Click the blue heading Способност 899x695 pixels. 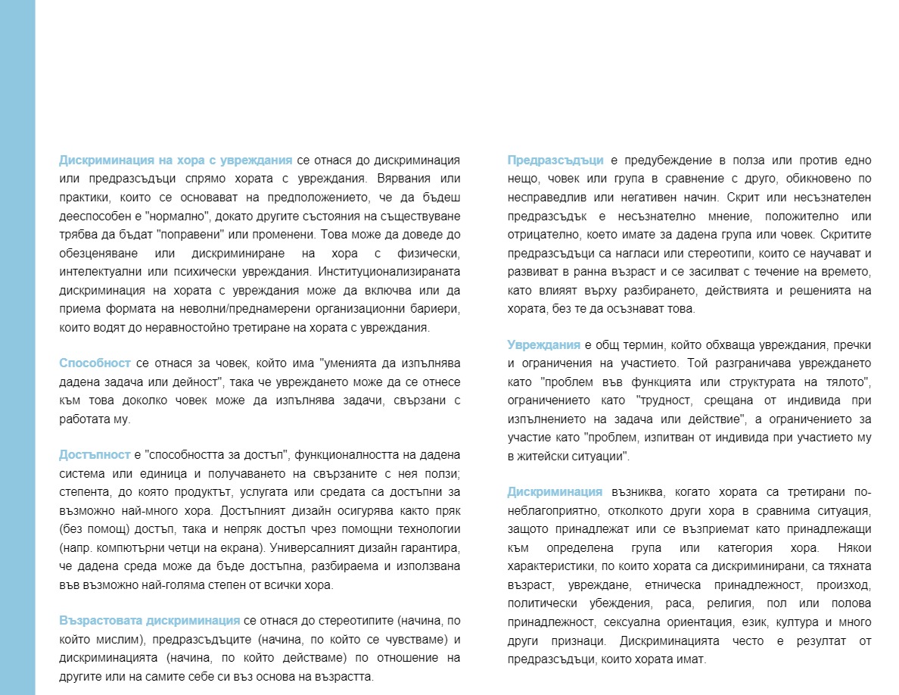pyautogui.click(x=95, y=363)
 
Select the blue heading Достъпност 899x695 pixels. pyautogui.click(x=95, y=455)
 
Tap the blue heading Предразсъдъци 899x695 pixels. pyautogui.click(x=555, y=161)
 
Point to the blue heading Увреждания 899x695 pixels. pyautogui.click(x=543, y=345)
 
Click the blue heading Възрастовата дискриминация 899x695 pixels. pyautogui.click(x=150, y=621)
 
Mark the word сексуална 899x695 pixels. pyautogui.click(x=646, y=622)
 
